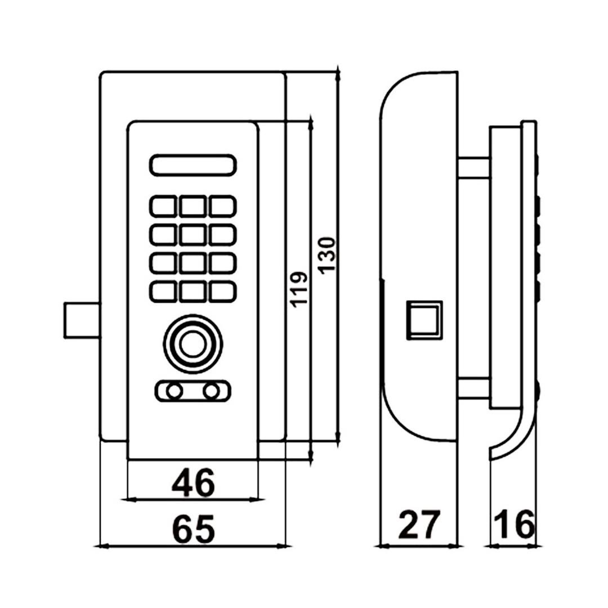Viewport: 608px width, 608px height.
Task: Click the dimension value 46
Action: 193,483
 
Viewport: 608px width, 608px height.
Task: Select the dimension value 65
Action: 193,529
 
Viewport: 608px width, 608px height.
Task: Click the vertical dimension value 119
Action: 299,289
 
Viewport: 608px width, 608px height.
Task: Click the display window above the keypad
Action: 193,165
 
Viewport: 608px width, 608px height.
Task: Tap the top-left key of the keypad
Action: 164,206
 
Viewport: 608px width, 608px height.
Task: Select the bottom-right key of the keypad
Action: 222,290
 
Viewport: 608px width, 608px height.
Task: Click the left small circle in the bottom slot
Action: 175,391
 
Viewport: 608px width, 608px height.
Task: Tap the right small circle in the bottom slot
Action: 212,391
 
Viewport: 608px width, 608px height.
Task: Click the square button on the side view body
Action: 424,319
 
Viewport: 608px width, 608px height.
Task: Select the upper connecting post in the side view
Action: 473,168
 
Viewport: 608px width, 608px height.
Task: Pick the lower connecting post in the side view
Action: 473,387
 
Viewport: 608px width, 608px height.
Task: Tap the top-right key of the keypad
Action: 222,206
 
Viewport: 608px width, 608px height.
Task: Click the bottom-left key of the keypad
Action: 164,290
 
